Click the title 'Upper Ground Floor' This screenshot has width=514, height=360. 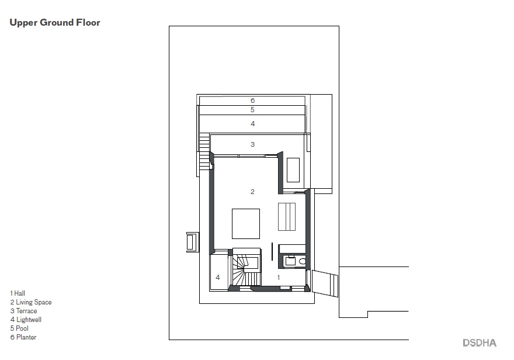point(55,23)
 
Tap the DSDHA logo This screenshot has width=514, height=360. point(480,343)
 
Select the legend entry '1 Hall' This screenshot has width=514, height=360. point(18,293)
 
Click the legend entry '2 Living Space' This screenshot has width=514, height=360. point(31,302)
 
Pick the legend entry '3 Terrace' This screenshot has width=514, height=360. point(23,311)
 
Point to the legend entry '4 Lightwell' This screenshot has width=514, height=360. point(26,320)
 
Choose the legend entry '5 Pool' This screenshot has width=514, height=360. point(19,328)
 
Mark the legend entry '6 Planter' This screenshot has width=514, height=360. point(23,337)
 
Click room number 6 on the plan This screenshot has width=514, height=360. point(253,101)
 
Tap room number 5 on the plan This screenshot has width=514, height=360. point(252,110)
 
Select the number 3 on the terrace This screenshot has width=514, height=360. point(252,144)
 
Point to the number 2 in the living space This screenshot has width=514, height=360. point(252,192)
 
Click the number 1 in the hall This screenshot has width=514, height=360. point(279,278)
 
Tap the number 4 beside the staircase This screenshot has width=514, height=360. point(218,278)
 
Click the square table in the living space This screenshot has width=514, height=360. point(246,224)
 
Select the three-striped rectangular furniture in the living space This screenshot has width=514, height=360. point(287,217)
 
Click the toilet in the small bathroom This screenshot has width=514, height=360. point(302,261)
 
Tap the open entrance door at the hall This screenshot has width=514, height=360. point(325,283)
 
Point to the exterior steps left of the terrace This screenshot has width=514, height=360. point(204,151)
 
